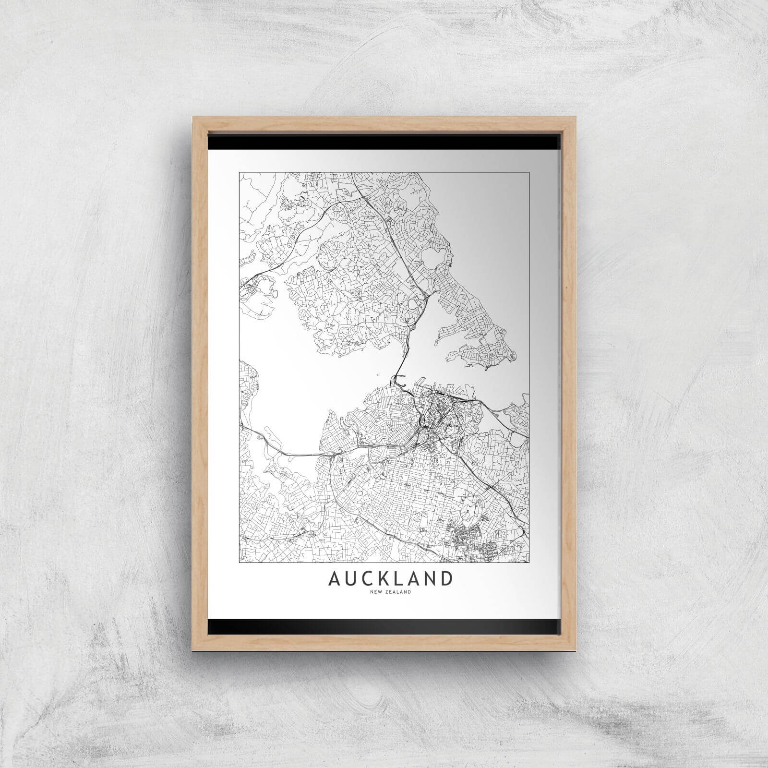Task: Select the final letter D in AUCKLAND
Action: click(x=446, y=578)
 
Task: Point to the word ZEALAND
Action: click(x=397, y=592)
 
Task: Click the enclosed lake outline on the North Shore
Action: click(x=436, y=254)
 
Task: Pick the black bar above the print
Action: click(x=384, y=142)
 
